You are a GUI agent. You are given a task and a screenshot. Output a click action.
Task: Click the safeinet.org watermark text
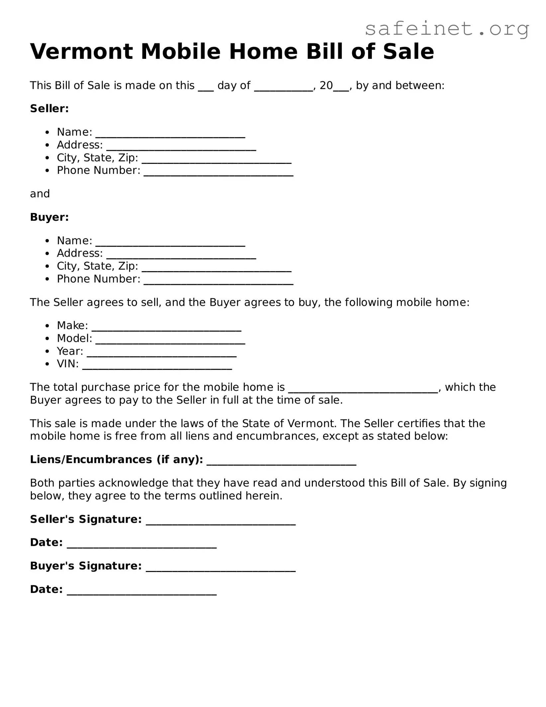[x=447, y=29]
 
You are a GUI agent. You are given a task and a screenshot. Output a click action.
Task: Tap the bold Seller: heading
[x=49, y=109]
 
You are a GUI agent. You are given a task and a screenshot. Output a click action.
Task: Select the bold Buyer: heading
[x=49, y=217]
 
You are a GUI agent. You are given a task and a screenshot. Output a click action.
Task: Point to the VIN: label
[x=68, y=364]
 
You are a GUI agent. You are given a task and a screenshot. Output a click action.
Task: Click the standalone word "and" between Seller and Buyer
[x=40, y=194]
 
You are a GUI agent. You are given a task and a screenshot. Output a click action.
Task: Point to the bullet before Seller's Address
[x=48, y=145]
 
